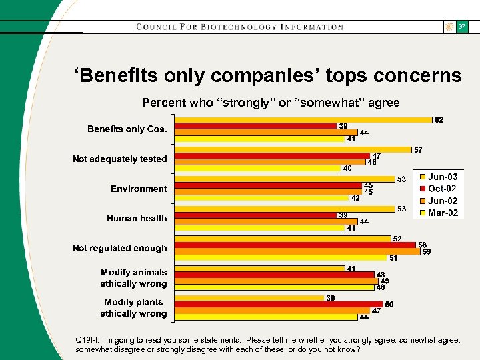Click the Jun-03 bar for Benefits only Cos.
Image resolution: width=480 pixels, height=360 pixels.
pos(303,120)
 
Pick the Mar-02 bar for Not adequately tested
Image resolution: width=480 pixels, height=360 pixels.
pos(257,168)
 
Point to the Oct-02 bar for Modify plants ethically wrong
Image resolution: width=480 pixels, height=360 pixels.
pos(279,305)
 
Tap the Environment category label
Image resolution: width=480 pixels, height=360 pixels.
pos(139,189)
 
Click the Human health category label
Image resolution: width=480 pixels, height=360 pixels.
pos(137,218)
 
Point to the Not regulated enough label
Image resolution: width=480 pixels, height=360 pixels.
pos(120,248)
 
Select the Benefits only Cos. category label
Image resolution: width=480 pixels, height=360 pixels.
pos(127,129)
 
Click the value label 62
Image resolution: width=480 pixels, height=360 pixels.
pos(439,120)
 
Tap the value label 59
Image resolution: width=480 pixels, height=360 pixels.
pos(427,251)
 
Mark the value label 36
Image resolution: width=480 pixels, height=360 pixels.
pos(331,298)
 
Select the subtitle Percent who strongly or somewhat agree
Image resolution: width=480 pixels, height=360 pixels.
pos(271,103)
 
